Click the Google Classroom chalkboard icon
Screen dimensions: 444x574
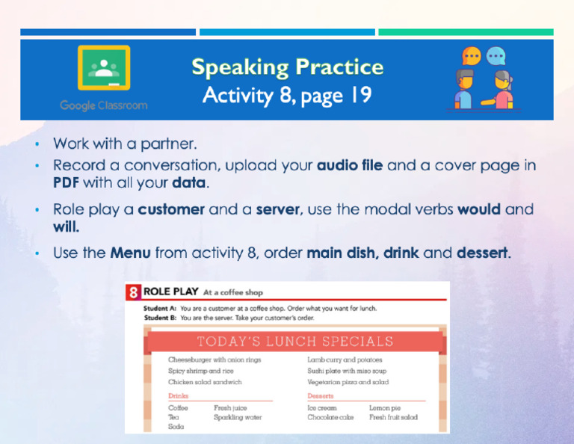click(104, 69)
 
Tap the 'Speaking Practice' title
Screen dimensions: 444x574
click(288, 67)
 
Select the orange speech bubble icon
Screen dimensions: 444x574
click(471, 55)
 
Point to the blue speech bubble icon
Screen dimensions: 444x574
click(496, 55)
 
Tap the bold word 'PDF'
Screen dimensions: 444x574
click(67, 182)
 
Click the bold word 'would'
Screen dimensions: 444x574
click(479, 210)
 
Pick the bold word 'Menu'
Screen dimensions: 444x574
click(131, 253)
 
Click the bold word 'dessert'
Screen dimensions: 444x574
click(483, 253)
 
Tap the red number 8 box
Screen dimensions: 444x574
click(132, 292)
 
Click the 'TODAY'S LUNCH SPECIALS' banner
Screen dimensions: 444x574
click(294, 342)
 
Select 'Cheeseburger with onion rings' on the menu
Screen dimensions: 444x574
click(215, 360)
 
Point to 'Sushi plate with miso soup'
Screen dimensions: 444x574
click(347, 371)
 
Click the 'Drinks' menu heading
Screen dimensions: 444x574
click(179, 396)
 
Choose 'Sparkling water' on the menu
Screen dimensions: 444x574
click(238, 418)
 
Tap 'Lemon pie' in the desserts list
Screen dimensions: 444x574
click(385, 408)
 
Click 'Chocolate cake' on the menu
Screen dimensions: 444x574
click(330, 418)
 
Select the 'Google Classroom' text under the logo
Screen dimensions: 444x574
click(104, 105)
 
